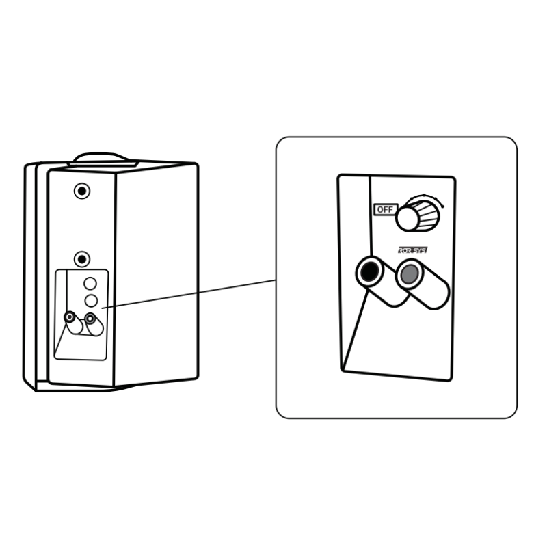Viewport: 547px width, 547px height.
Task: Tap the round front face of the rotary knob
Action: (408, 218)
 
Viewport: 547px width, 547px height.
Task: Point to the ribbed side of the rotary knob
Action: (429, 213)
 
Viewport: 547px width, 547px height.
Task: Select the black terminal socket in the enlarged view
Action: (369, 273)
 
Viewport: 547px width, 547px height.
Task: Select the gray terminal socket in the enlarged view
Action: (409, 275)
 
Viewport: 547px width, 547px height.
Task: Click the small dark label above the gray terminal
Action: (412, 251)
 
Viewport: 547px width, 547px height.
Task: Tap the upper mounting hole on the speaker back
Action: (82, 191)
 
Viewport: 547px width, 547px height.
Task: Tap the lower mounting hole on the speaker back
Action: (82, 259)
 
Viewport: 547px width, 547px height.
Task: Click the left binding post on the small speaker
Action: (70, 317)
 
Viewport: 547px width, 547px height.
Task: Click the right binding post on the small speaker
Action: (90, 318)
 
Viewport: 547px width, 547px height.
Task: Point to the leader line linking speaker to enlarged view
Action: (191, 293)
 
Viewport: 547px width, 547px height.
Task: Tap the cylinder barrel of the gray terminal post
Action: (431, 291)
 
